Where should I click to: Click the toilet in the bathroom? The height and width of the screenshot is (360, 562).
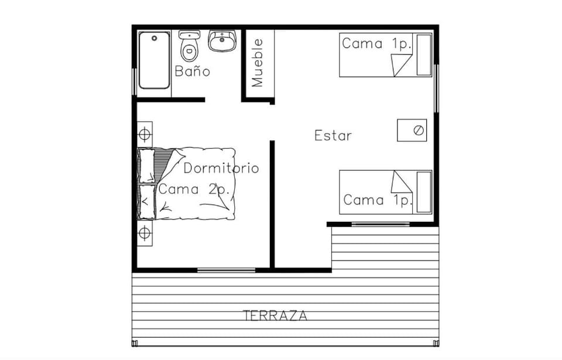189,46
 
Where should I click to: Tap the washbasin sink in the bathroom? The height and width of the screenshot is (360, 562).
222,41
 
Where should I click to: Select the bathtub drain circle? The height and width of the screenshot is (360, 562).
155,38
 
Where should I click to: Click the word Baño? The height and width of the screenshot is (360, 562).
193,71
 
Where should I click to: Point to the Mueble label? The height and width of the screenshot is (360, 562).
258,63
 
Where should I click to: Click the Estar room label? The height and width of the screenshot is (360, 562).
333,136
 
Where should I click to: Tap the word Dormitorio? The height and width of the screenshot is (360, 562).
221,168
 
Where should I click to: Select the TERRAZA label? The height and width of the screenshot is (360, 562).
275,316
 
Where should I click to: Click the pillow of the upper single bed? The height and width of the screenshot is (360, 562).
424,55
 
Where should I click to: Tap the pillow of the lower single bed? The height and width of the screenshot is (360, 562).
424,192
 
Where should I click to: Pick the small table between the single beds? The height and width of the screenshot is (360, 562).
412,130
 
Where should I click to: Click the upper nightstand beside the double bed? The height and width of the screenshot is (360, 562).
145,135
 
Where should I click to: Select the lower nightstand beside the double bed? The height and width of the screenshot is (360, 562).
145,233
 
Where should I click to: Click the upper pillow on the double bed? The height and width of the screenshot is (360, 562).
146,166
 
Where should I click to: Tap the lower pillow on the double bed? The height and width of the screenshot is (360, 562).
147,201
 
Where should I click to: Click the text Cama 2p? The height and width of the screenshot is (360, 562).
194,189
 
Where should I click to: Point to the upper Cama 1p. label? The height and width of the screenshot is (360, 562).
376,44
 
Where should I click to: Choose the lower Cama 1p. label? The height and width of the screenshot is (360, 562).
378,200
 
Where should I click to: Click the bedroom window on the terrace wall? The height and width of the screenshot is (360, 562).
226,270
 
